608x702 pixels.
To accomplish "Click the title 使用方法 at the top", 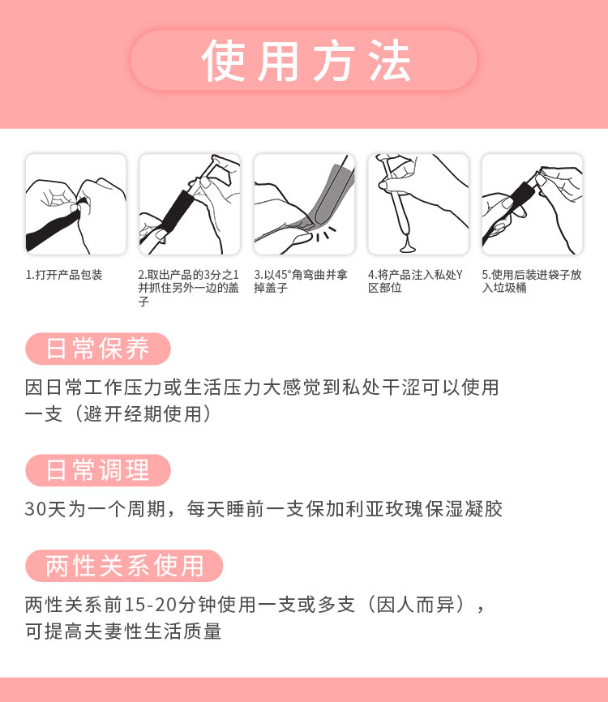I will [304, 61].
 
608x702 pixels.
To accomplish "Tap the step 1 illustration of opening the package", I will [75, 204].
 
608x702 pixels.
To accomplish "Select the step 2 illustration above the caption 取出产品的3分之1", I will [190, 204].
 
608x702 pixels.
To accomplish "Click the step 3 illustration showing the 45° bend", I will [304, 204].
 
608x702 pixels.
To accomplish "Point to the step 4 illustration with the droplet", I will [418, 204].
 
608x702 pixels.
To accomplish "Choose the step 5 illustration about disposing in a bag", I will [533, 204].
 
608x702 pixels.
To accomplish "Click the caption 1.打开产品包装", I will [65, 275].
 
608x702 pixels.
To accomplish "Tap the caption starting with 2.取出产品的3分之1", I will [188, 288].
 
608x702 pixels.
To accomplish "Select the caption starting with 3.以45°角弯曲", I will [301, 281].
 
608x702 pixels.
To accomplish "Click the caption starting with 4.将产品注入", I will [415, 281].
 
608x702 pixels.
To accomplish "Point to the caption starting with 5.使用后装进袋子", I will [531, 281].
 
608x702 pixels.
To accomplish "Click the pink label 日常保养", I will [98, 349].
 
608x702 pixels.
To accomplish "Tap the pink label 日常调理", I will [98, 470].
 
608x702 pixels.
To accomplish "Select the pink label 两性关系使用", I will [124, 566].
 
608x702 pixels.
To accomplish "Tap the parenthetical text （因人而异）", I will [415, 606].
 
